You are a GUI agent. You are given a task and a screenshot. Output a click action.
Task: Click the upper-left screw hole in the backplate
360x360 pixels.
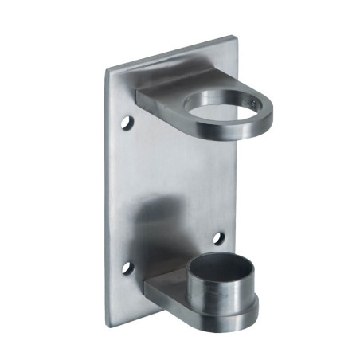coord(127,125)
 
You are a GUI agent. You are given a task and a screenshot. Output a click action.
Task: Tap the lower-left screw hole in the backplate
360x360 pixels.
coord(125,268)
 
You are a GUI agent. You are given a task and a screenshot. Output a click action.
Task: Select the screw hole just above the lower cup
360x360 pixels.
coord(217,237)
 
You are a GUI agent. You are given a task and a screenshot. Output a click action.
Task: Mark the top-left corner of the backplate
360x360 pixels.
coord(109,69)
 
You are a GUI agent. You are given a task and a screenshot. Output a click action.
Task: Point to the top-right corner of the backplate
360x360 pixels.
coord(235,36)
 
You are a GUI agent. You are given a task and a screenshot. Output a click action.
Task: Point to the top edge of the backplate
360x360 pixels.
coord(171,53)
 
